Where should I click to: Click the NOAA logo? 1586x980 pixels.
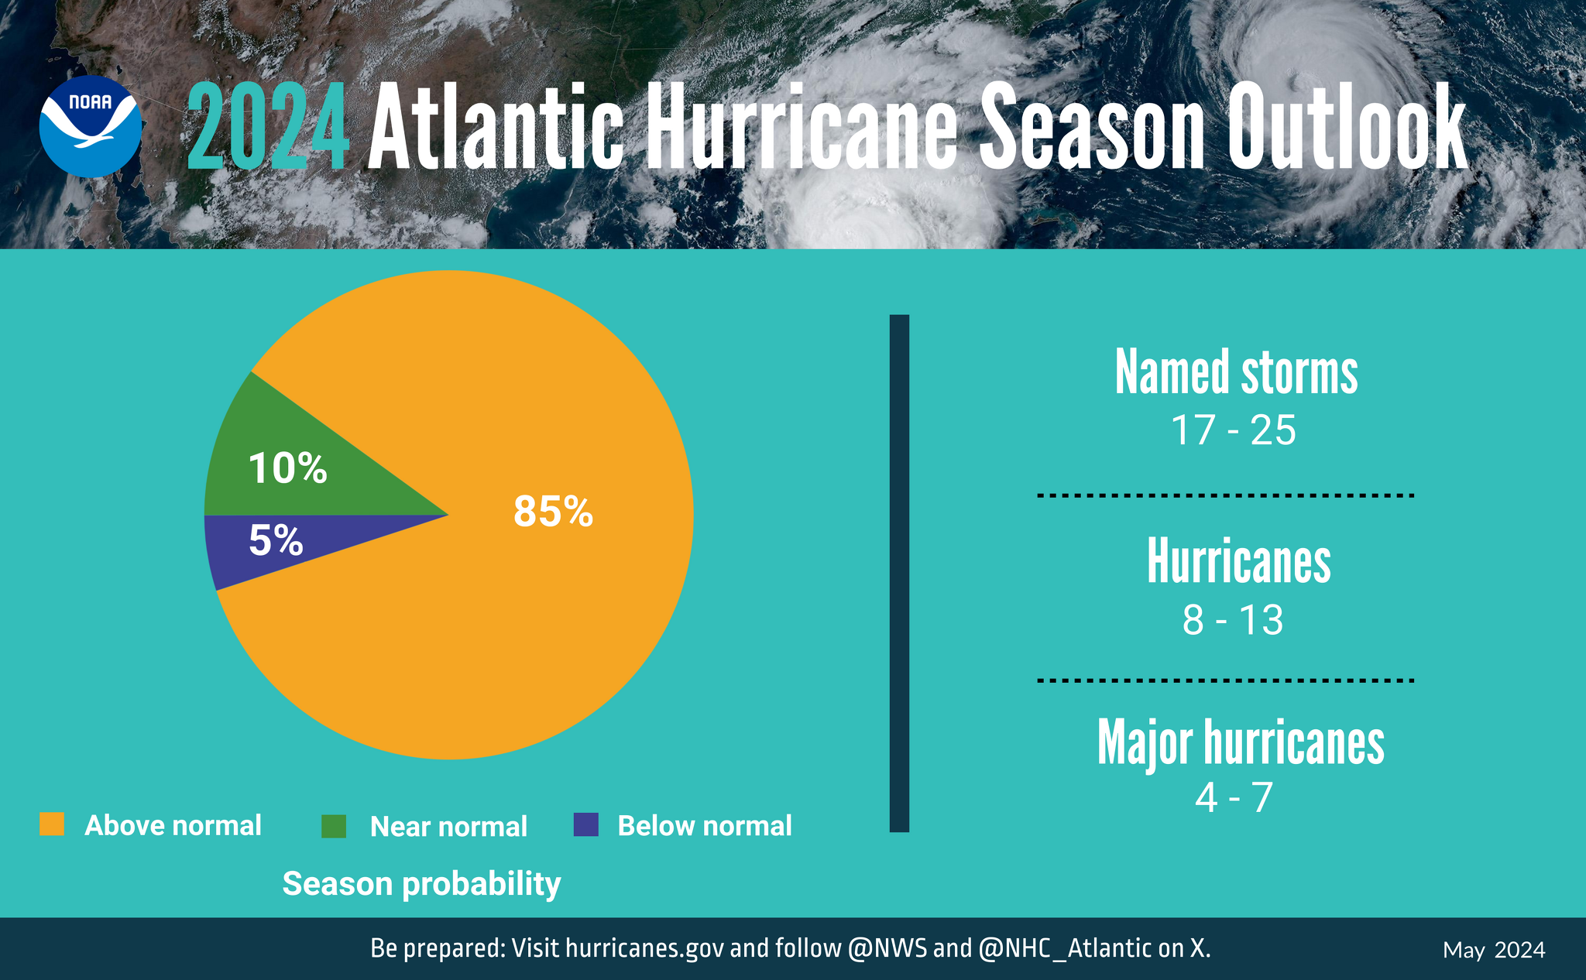[91, 126]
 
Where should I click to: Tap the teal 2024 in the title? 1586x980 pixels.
[268, 128]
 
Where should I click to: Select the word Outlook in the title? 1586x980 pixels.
[1347, 128]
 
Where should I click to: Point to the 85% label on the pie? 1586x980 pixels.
[553, 512]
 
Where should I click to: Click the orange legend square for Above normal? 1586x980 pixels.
[52, 824]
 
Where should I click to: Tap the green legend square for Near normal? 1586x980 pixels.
[334, 826]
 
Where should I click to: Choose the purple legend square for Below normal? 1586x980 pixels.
[586, 824]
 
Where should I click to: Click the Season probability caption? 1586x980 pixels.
[421, 884]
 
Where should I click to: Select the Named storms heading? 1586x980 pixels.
[1236, 372]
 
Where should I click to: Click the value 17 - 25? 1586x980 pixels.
[1233, 430]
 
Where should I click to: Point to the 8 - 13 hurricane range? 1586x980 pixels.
[1233, 620]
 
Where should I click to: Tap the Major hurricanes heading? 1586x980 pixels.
[1241, 743]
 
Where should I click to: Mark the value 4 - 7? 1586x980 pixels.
[1234, 797]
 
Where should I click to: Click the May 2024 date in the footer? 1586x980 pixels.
[1494, 950]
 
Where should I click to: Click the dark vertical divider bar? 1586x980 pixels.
[899, 573]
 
